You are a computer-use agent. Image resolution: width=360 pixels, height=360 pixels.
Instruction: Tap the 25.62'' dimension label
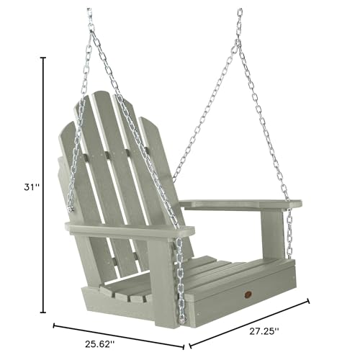pos(100,344)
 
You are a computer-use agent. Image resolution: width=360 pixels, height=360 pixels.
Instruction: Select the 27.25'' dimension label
pos(264,331)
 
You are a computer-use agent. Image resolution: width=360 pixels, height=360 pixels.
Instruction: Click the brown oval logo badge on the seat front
pos(248,294)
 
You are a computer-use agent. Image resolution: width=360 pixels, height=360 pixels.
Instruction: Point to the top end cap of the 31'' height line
pos(43,58)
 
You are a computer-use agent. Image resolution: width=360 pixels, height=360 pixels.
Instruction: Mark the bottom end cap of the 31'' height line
pos(43,312)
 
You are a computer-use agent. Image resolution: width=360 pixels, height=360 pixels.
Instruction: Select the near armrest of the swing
pos(130,230)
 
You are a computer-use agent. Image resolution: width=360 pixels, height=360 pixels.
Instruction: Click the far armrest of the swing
pos(240,204)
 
